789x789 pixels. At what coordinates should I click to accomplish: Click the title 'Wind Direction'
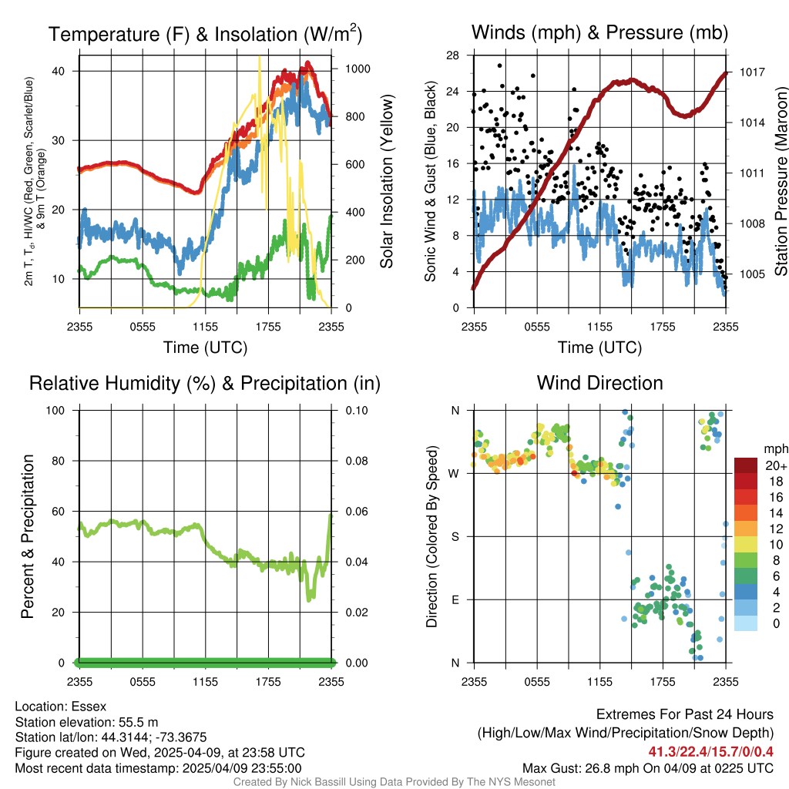(599, 383)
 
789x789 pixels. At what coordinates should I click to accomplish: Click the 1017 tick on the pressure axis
(752, 72)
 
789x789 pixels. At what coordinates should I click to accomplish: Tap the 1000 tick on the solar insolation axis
(358, 69)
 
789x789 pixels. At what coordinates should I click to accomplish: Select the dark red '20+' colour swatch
(747, 465)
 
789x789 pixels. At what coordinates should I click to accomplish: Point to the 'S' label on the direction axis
(454, 536)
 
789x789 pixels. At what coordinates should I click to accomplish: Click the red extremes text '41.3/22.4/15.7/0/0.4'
(710, 751)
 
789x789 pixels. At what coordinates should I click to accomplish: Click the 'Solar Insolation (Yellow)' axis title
(387, 182)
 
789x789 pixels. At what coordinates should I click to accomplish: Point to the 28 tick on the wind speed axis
(453, 55)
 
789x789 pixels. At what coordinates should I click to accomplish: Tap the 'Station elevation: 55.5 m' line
(86, 722)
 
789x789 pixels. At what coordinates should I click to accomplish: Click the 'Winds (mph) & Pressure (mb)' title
(599, 32)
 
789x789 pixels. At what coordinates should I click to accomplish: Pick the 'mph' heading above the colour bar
(774, 448)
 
